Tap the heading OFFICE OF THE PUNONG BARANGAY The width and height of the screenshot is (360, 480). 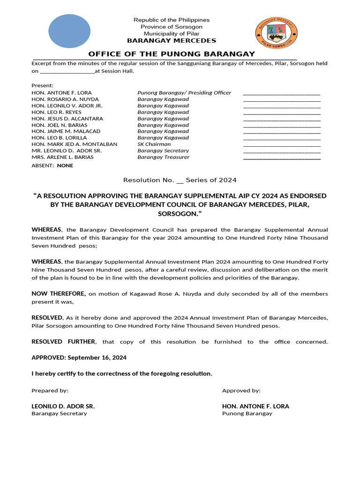click(172, 54)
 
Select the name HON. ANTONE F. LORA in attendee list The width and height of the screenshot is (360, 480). click(61, 93)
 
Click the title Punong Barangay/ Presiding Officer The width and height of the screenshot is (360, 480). click(184, 93)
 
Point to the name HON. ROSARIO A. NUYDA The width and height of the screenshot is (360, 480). click(65, 99)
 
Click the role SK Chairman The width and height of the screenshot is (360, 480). click(154, 144)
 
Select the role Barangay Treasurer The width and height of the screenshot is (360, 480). click(164, 157)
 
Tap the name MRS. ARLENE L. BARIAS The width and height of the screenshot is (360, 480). click(62, 157)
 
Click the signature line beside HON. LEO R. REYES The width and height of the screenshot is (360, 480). click(282, 113)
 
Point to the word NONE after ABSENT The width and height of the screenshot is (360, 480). click(65, 165)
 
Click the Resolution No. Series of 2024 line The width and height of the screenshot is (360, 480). click(180, 180)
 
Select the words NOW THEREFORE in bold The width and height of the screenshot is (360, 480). click(59, 293)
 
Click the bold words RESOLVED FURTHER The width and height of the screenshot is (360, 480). click(64, 342)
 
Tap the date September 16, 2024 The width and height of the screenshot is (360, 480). click(97, 357)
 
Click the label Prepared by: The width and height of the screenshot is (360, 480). click(50, 390)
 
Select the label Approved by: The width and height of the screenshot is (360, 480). click(241, 390)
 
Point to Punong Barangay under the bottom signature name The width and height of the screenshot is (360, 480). click(247, 413)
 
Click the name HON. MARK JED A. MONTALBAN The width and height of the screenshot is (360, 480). click(75, 144)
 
